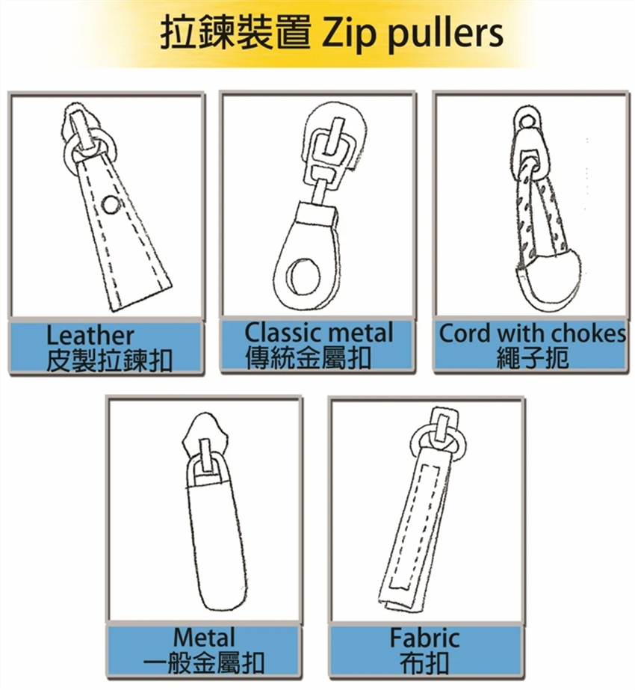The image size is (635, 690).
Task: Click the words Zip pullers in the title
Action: click(x=413, y=34)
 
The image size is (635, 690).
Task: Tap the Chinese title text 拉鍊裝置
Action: click(x=235, y=32)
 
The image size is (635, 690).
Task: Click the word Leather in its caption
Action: click(x=90, y=336)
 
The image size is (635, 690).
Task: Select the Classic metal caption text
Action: click(x=318, y=333)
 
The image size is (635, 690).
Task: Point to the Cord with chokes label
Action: click(x=532, y=333)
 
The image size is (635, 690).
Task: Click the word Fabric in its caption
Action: click(x=424, y=638)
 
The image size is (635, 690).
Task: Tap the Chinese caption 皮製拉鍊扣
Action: click(x=109, y=361)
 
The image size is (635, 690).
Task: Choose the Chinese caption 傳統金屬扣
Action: click(x=308, y=357)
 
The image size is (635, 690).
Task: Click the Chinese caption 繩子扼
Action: click(x=533, y=358)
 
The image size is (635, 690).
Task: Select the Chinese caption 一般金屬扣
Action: click(x=203, y=663)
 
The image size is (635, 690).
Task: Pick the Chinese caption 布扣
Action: click(x=424, y=663)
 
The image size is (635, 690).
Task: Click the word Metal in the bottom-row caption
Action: click(x=204, y=638)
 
